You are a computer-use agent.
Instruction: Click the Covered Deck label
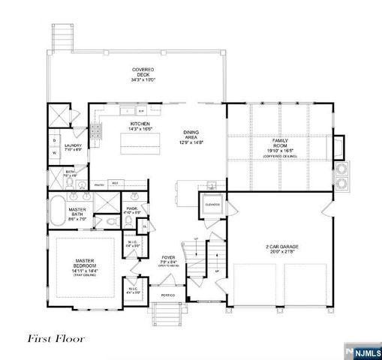point(143,74)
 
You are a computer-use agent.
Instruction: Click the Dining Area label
point(191,136)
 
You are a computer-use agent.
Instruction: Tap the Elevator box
point(212,202)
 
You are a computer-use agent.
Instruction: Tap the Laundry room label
point(73,148)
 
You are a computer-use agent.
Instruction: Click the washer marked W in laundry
point(55,153)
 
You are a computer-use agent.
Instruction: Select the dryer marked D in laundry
point(55,140)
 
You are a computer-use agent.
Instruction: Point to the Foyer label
point(169,259)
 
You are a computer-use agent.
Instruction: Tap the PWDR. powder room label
point(131,211)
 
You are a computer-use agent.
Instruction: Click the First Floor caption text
point(56,338)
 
